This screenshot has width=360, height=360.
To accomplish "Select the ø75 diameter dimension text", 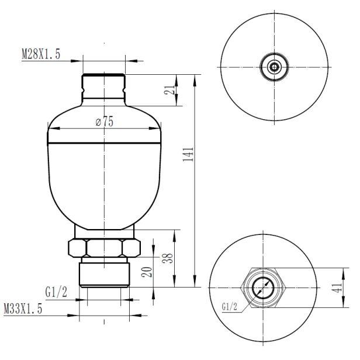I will (x=103, y=122).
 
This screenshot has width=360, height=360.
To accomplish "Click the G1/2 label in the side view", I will (x=56, y=291).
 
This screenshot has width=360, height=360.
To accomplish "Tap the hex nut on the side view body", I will (x=103, y=248).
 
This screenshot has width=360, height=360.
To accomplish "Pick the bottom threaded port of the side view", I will (x=103, y=274).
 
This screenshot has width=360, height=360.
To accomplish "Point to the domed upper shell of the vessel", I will (x=103, y=131).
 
